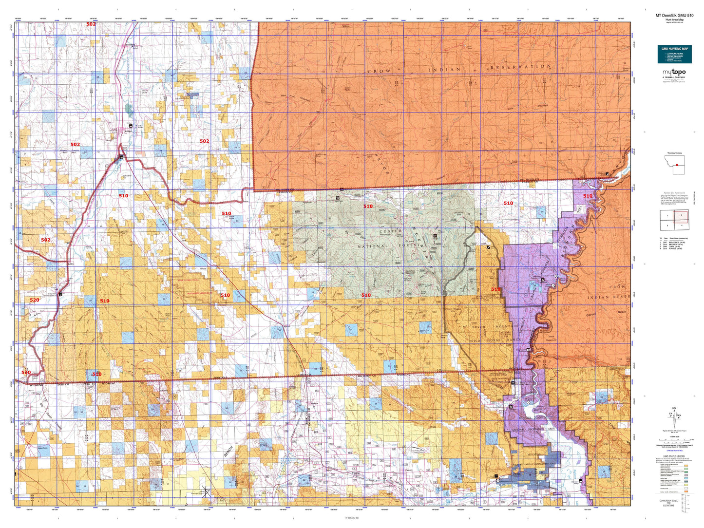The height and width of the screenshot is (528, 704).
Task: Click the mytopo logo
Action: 674,74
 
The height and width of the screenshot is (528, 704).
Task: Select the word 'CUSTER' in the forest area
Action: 390,231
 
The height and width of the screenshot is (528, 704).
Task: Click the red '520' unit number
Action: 34,300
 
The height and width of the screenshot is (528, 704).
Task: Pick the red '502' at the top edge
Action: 91,24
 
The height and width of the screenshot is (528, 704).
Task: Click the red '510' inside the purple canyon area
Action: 588,196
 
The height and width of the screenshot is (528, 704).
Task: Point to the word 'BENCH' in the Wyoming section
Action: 228,452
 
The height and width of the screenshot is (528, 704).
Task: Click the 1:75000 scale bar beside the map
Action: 674,441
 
